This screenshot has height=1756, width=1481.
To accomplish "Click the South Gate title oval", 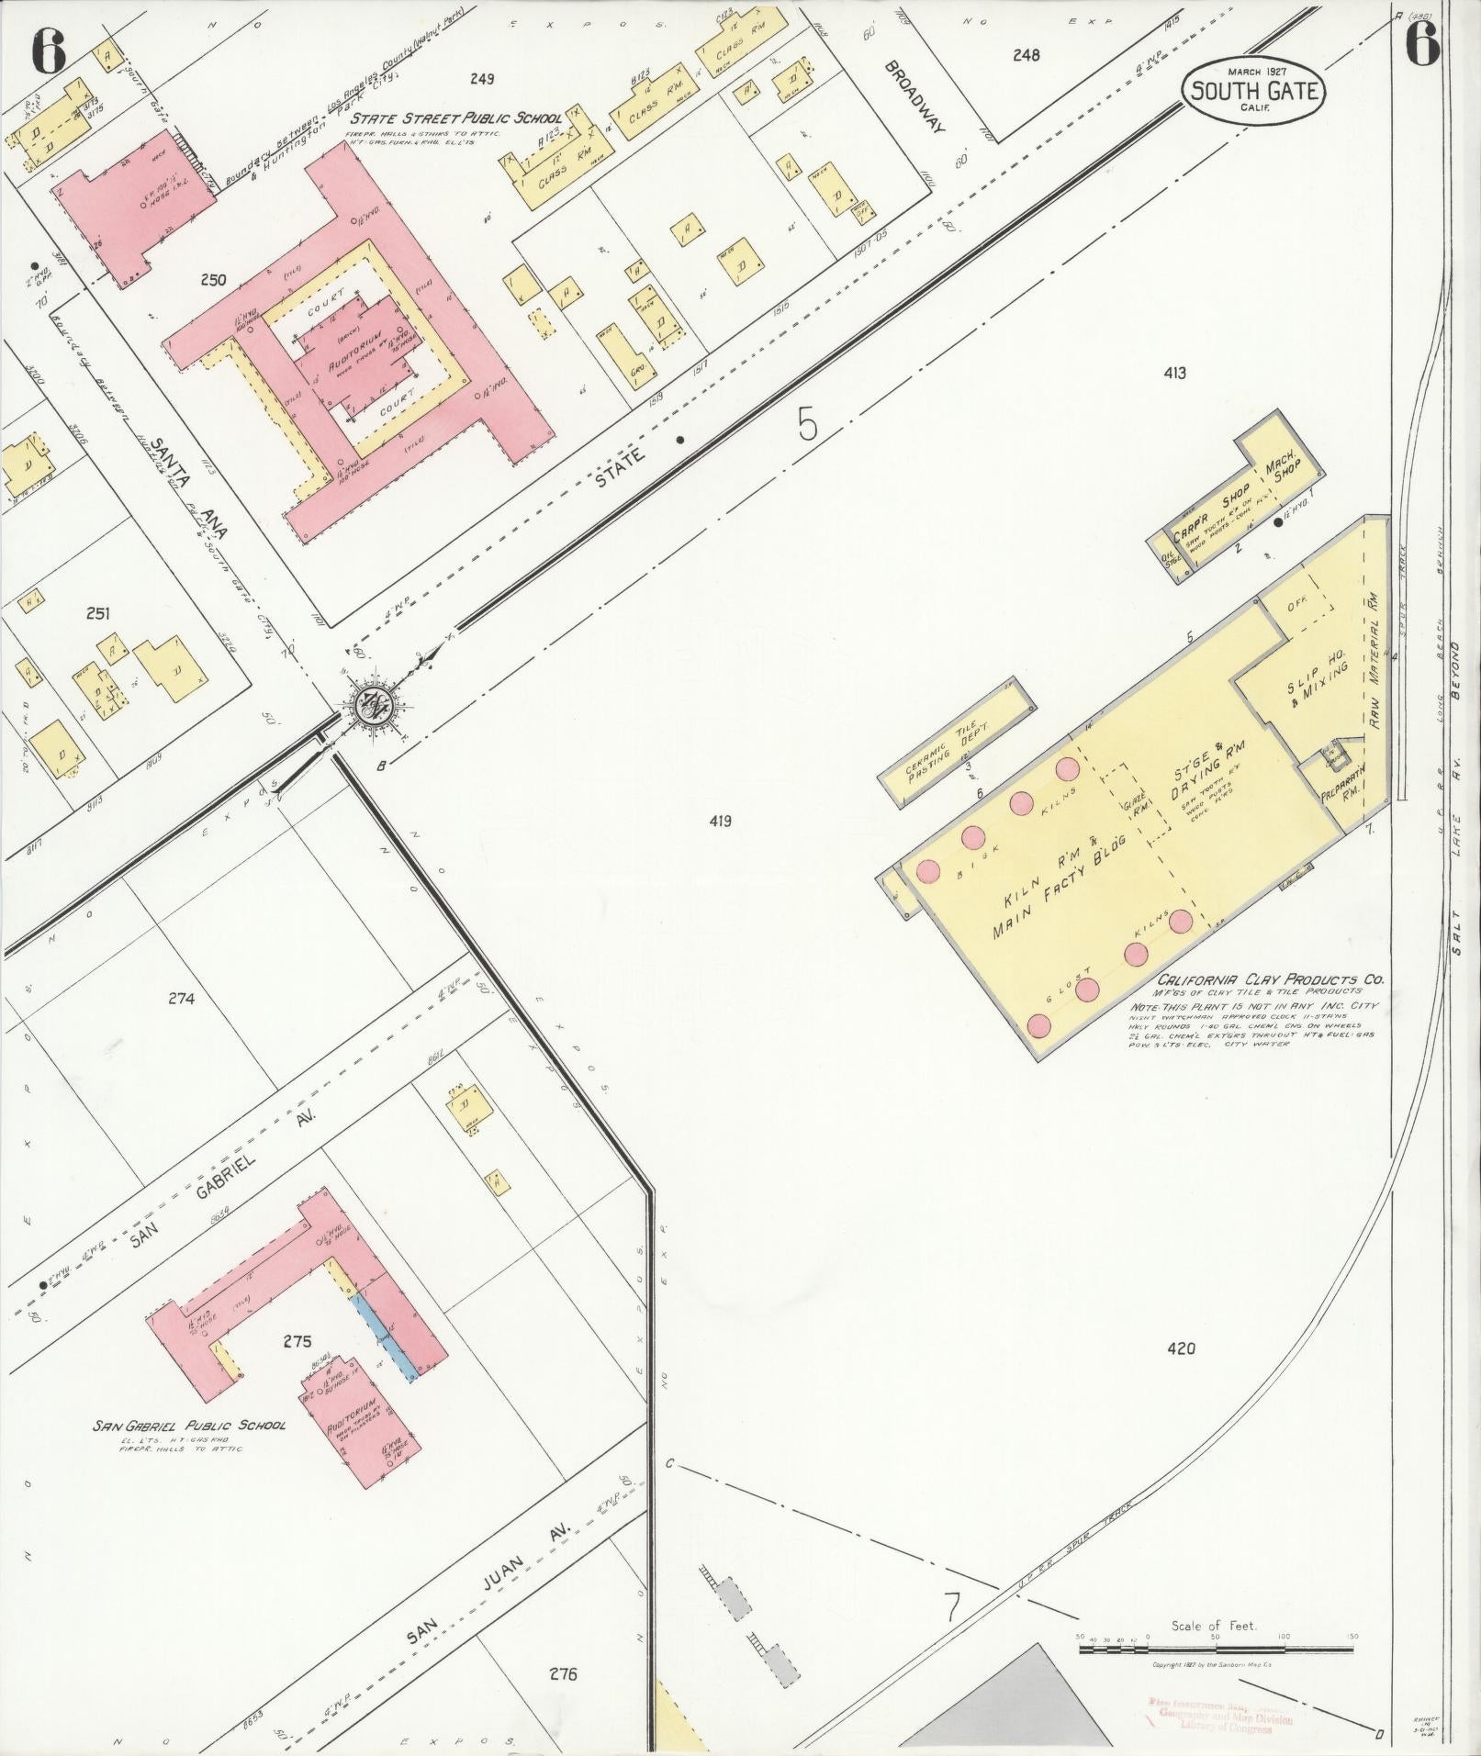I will pos(1254,91).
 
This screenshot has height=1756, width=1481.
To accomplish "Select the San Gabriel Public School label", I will pos(188,1451).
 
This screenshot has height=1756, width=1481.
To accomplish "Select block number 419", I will pos(720,822).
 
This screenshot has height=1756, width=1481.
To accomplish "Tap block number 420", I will pos(1181,1348).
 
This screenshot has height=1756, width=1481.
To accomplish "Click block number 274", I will pos(182,999).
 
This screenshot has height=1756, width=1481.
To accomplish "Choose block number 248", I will pos(1026,55).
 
